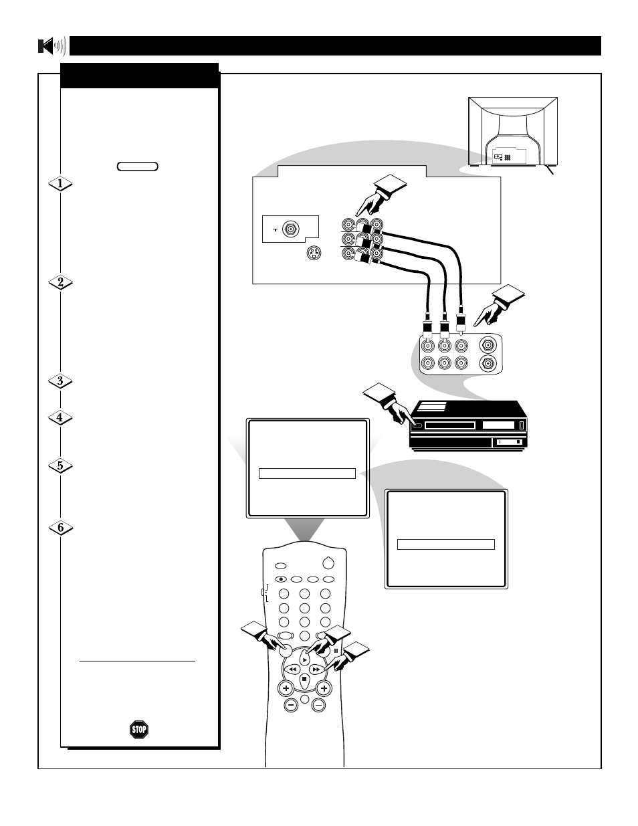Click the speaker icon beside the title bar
(52, 46)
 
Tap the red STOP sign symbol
(139, 730)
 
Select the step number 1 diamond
(60, 184)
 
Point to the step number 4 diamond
(60, 418)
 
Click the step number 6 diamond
(61, 528)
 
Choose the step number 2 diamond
(60, 282)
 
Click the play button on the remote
(305, 660)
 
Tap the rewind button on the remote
(292, 669)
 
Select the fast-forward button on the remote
(316, 669)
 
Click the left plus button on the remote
(286, 688)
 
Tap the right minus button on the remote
(318, 706)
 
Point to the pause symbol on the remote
(336, 651)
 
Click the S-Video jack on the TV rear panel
(314, 253)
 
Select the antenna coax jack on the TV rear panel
(291, 229)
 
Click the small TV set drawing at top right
(513, 132)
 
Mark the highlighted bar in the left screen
(307, 474)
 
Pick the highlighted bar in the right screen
(445, 544)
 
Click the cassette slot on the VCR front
(450, 425)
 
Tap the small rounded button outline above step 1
(138, 167)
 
